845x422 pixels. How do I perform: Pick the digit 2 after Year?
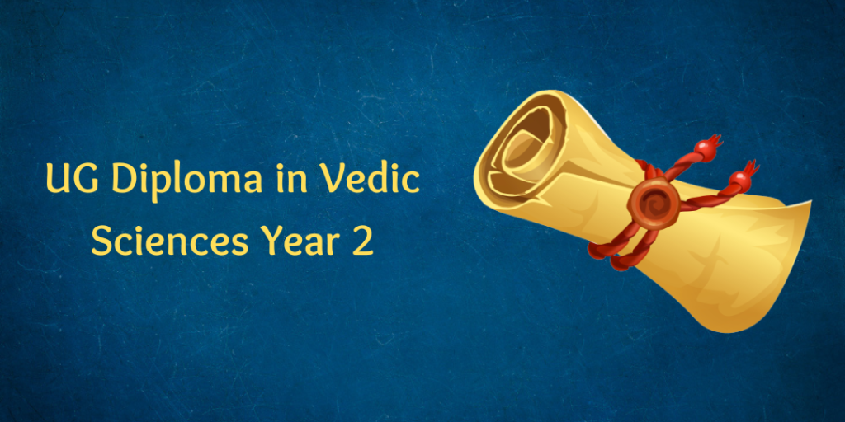pos(362,242)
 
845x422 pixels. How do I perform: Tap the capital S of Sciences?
pos(101,242)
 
